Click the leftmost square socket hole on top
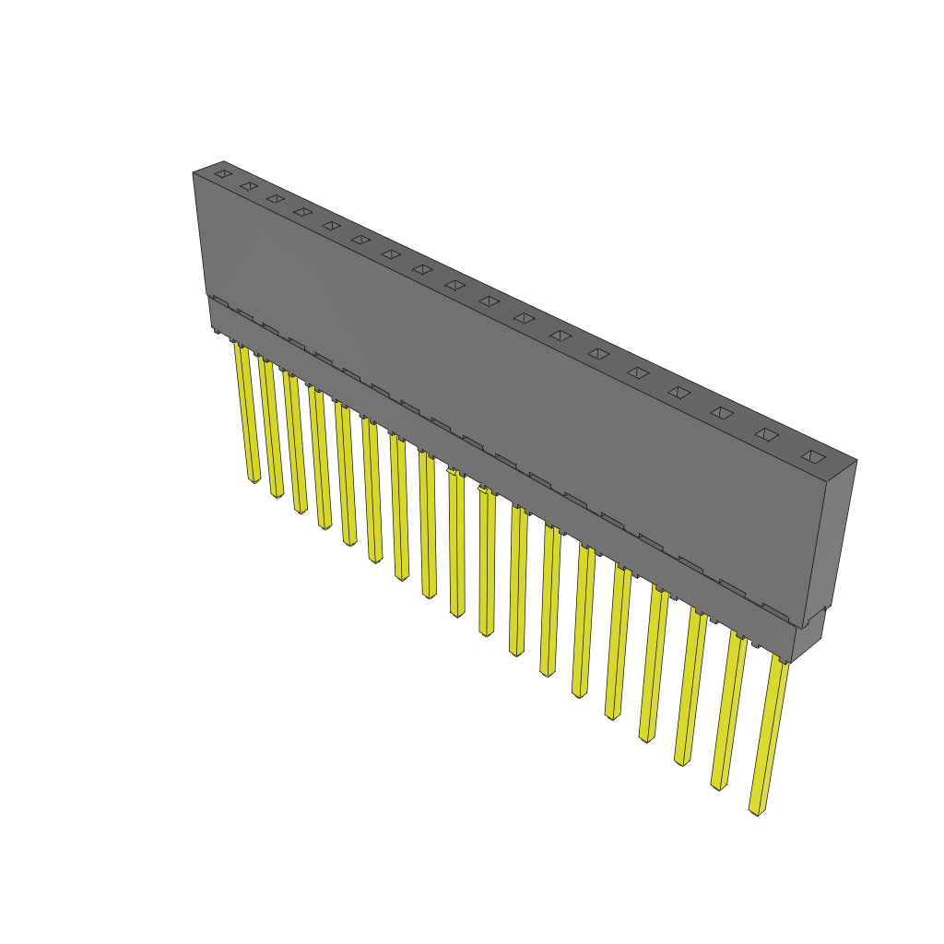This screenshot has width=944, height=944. coord(222,173)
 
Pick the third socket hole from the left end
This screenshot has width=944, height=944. coord(275,198)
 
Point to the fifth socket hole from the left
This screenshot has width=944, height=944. coord(331,225)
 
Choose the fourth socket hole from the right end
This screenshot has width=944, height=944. coord(678,392)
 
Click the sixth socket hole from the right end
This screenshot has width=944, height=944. coord(598,353)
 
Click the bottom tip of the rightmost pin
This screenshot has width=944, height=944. coord(757,811)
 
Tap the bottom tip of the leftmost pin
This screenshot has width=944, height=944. coord(254,479)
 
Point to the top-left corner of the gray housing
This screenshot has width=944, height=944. coord(194,173)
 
